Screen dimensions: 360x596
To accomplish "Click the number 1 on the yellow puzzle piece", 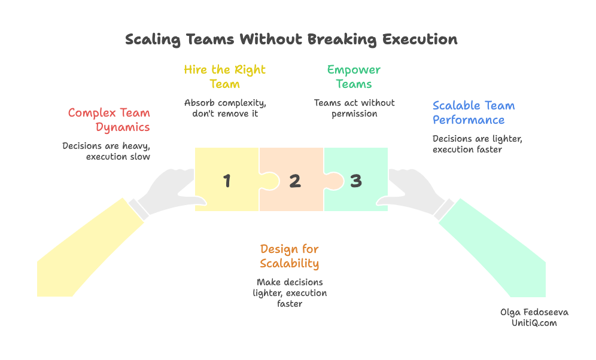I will (x=226, y=181).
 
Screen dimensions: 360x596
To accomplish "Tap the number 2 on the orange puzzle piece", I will (x=294, y=181).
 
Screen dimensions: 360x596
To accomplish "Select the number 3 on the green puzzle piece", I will (x=356, y=181).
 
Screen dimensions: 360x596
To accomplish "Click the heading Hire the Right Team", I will (x=224, y=77).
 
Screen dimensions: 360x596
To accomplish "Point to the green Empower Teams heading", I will (x=354, y=77).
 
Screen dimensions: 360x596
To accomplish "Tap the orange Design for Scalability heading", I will (x=290, y=256).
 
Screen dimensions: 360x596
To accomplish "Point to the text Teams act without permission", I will (x=354, y=108).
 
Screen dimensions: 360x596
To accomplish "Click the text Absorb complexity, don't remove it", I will (x=224, y=108).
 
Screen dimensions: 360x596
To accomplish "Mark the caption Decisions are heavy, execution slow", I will (x=106, y=151).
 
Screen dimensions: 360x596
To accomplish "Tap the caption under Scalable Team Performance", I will (x=478, y=144).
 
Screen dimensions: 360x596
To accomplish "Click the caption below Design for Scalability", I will (x=290, y=293).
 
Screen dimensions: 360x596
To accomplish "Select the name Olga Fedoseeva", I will (x=534, y=312).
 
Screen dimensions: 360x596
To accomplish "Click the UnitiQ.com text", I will (x=534, y=323).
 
